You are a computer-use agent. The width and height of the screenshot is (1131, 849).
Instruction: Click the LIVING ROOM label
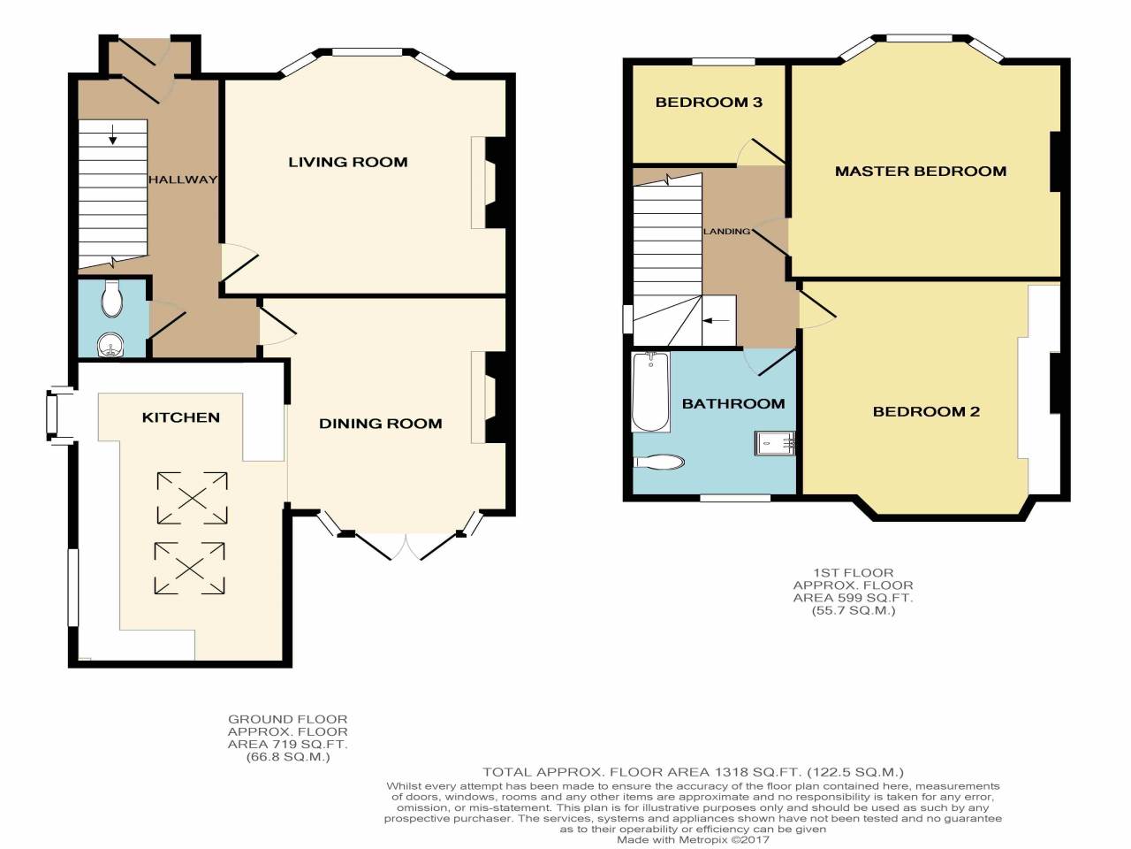(x=348, y=162)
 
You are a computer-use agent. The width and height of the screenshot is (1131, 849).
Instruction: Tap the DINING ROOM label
(x=380, y=424)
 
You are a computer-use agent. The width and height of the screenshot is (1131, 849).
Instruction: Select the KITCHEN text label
(x=181, y=417)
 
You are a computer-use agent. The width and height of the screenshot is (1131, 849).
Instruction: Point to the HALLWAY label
(x=182, y=180)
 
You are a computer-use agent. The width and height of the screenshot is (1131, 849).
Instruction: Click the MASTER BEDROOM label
(x=921, y=172)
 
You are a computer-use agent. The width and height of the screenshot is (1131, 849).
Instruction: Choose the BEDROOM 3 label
(x=709, y=103)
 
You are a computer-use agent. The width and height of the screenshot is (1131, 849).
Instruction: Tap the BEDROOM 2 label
(x=926, y=411)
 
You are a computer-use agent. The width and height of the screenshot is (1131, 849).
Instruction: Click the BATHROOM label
(x=733, y=403)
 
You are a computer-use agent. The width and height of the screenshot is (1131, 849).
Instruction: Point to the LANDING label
(x=726, y=232)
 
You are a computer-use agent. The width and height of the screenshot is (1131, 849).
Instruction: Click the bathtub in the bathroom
(x=651, y=392)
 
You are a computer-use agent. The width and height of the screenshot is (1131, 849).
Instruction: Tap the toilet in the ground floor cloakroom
(x=112, y=299)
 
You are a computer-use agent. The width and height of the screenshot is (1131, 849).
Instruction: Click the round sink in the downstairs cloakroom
(x=110, y=345)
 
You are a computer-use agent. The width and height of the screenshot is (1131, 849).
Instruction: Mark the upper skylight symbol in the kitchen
(x=192, y=498)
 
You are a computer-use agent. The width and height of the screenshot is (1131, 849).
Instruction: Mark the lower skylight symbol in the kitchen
(x=191, y=568)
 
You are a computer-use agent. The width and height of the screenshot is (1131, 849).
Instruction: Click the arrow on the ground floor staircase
(x=114, y=135)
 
